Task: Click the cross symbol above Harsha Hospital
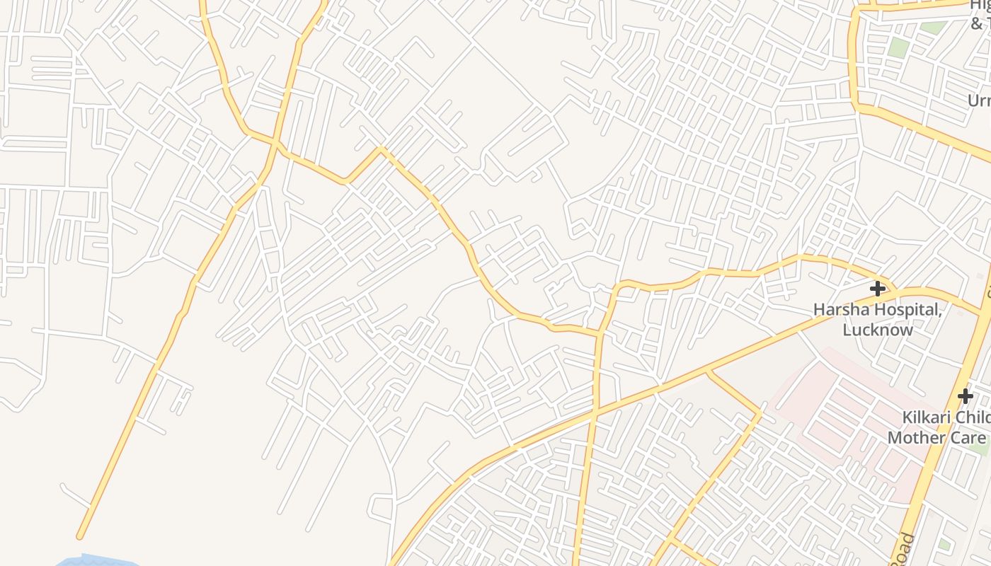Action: [878, 289]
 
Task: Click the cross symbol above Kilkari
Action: [965, 396]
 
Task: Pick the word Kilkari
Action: [923, 417]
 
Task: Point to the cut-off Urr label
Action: [979, 100]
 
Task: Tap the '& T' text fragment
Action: [980, 24]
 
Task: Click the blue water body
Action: [92, 561]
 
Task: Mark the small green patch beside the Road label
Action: [944, 545]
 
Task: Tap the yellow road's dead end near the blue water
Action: [81, 536]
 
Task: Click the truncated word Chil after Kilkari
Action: [970, 417]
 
